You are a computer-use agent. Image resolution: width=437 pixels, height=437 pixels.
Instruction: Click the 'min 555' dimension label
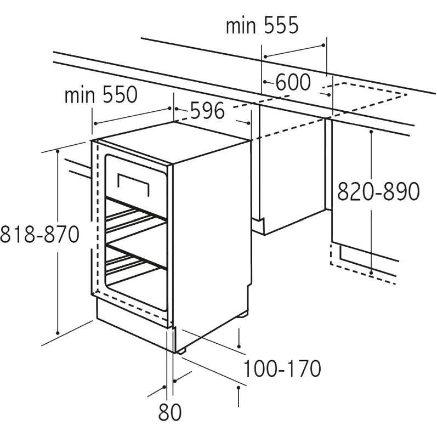[262, 25]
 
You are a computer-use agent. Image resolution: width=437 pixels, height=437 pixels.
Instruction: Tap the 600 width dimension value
[293, 82]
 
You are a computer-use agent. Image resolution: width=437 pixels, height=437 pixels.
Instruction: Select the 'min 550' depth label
[101, 95]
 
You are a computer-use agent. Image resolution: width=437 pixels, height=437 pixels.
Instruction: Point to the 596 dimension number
[207, 111]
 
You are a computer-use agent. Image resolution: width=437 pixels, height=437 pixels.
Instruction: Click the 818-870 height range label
[39, 234]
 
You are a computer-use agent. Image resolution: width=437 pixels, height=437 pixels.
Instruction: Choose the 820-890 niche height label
[378, 191]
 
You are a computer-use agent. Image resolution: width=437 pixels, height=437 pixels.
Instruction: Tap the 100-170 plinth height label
[282, 368]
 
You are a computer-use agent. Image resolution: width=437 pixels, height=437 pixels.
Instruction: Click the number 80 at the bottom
[170, 412]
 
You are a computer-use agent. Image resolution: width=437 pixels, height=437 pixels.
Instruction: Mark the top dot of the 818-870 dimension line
[58, 151]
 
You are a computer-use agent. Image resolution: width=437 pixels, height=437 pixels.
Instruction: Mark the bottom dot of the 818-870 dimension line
[58, 333]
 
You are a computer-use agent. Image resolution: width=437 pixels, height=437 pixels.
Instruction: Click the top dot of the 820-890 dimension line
[371, 132]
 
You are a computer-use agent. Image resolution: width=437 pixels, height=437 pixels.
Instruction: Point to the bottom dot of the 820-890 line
[371, 273]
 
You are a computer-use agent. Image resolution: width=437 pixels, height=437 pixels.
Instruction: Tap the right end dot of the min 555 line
[324, 45]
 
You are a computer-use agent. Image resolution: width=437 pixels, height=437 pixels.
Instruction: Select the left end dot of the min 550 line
[95, 123]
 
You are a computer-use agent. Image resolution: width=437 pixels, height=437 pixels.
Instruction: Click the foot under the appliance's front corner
[181, 351]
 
